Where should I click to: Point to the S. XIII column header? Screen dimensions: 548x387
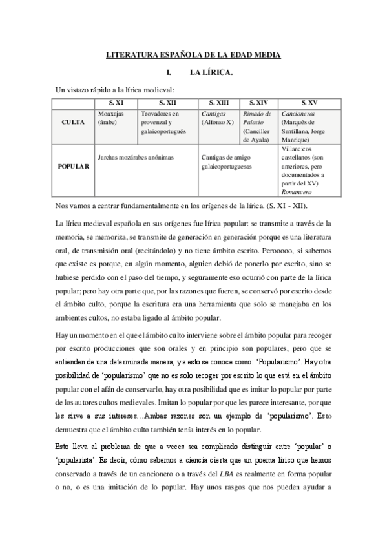point(220,103)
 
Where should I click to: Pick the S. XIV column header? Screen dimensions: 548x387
point(259,103)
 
